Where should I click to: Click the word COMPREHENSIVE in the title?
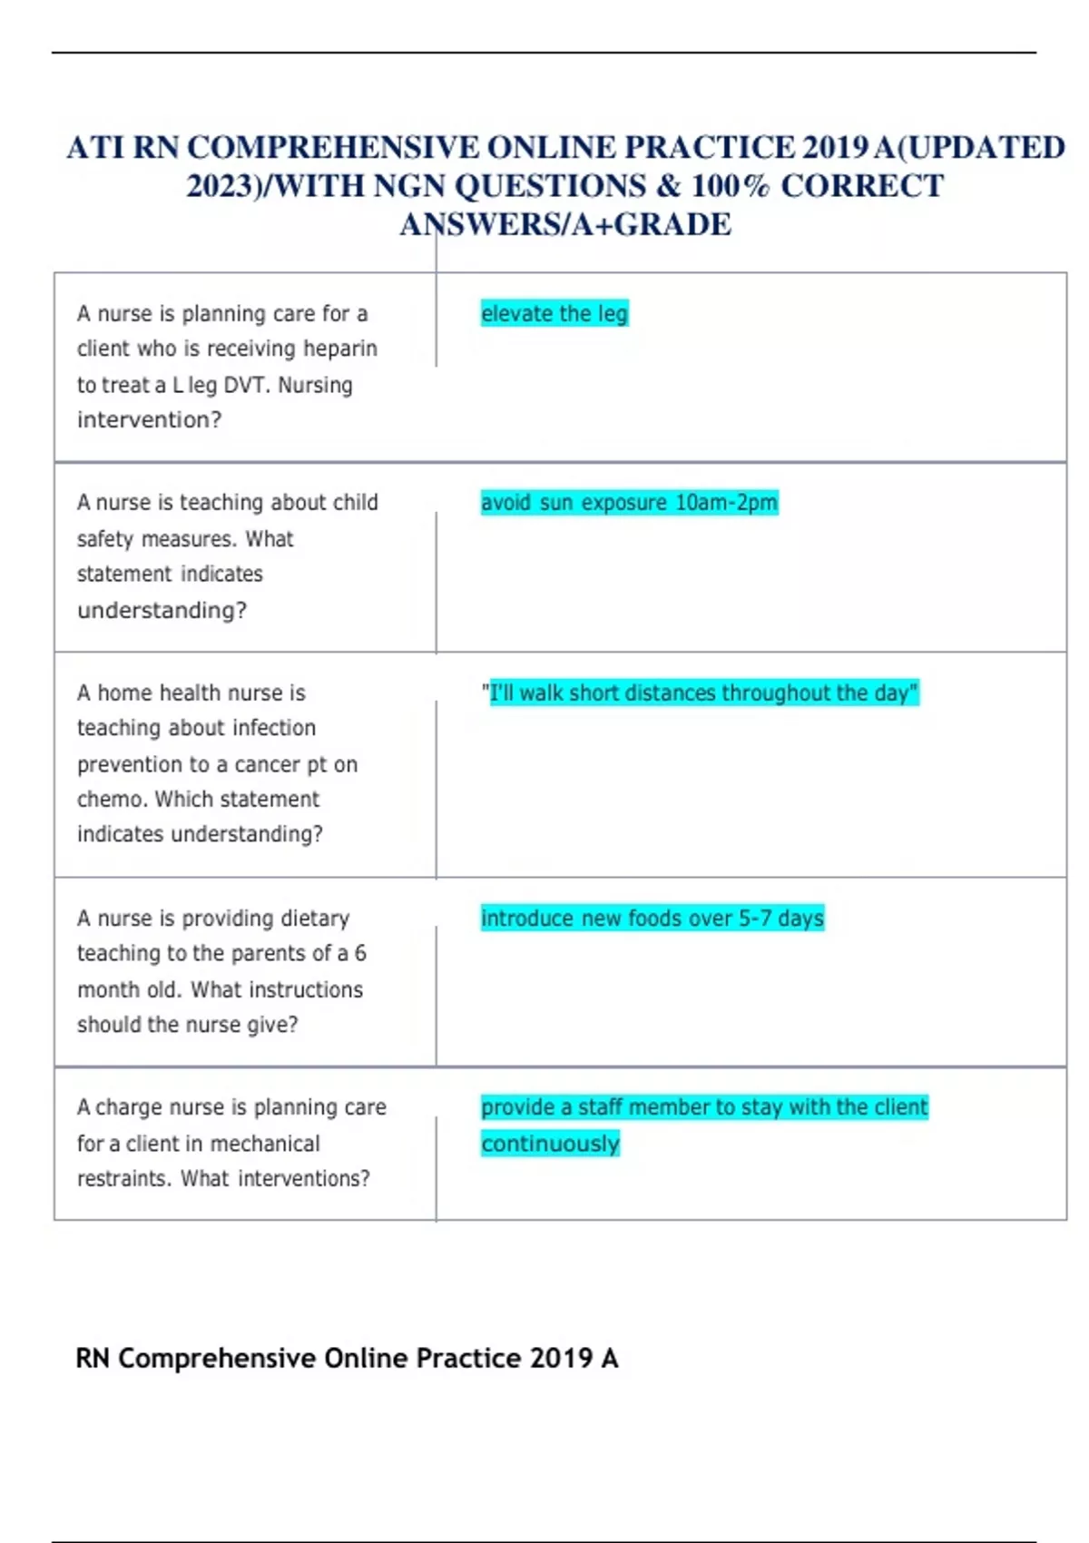[x=333, y=148]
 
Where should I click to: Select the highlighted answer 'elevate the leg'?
[x=554, y=314]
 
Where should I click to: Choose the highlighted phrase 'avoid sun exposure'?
[x=574, y=503]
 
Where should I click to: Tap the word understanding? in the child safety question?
[x=162, y=610]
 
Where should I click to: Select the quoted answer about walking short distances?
[x=700, y=693]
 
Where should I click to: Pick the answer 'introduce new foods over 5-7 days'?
[x=652, y=919]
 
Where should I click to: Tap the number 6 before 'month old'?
[x=360, y=953]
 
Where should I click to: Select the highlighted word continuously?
[x=550, y=1144]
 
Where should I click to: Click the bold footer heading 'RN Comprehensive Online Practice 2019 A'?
[x=347, y=1359]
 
